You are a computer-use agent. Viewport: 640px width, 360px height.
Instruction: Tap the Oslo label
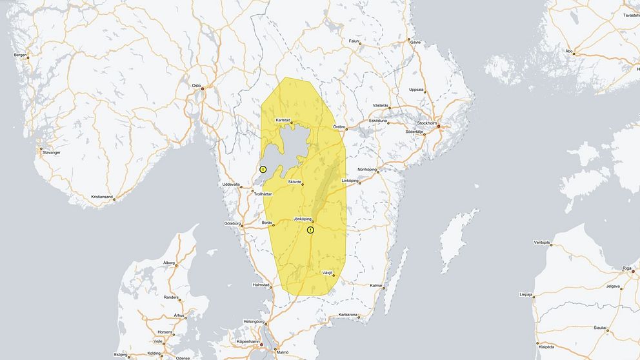(197, 85)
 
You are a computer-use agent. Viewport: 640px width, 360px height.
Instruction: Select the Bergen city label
(21, 55)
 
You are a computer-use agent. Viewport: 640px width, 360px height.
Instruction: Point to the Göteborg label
(232, 223)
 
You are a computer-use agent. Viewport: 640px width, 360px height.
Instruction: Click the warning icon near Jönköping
(310, 230)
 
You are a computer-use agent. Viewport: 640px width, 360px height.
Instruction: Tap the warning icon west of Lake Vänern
(263, 169)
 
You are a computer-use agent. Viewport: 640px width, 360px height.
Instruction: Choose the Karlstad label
(283, 120)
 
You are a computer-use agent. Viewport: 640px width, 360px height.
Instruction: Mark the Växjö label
(327, 272)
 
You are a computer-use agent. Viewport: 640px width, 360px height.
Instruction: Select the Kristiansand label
(102, 196)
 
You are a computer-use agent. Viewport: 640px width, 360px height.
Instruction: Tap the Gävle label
(415, 41)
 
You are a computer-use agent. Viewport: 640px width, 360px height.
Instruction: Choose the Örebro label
(339, 127)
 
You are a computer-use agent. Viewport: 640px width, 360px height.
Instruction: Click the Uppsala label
(417, 90)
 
